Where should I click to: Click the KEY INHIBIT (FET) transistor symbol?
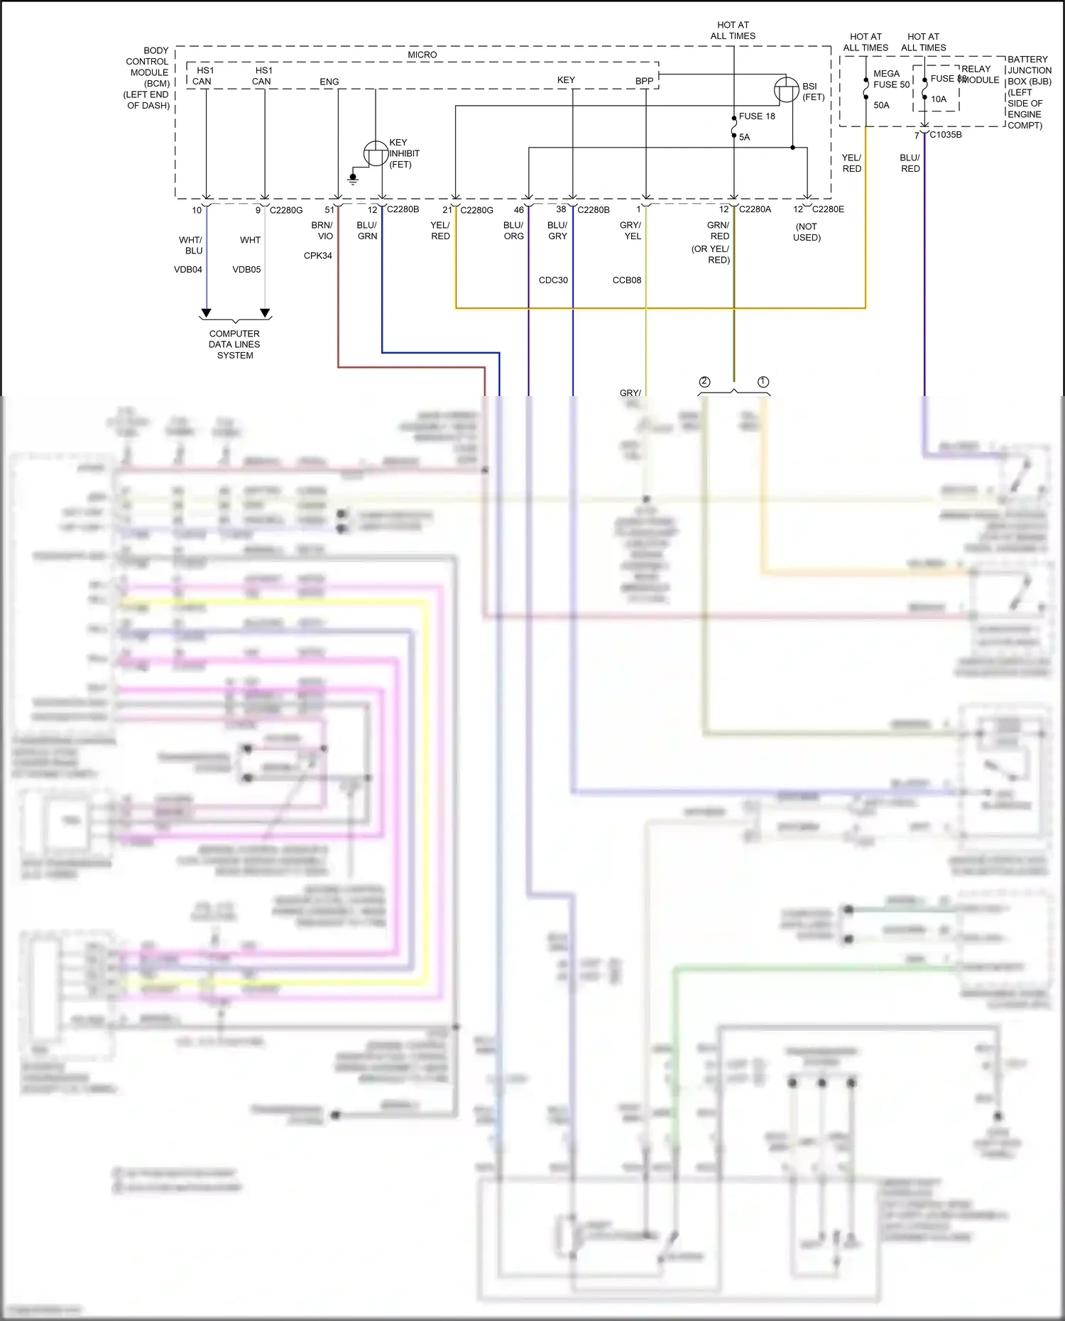point(376,153)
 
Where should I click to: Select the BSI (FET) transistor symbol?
point(786,90)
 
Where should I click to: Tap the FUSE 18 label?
point(757,116)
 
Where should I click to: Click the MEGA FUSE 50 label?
point(890,79)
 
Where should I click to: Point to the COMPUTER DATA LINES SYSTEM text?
point(234,344)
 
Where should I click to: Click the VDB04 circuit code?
point(188,270)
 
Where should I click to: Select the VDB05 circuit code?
point(246,270)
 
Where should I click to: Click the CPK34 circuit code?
point(317,256)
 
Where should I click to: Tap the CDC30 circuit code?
point(553,280)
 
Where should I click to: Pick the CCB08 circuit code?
point(627,280)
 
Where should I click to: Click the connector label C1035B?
point(946,135)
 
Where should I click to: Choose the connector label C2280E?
point(828,209)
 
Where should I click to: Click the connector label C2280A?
point(755,209)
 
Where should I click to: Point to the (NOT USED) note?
point(807,232)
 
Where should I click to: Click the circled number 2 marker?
point(704,382)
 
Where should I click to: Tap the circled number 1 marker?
point(763,382)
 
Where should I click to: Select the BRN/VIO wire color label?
point(322,231)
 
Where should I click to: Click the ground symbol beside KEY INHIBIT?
point(353,178)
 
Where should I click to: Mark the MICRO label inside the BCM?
point(422,55)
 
